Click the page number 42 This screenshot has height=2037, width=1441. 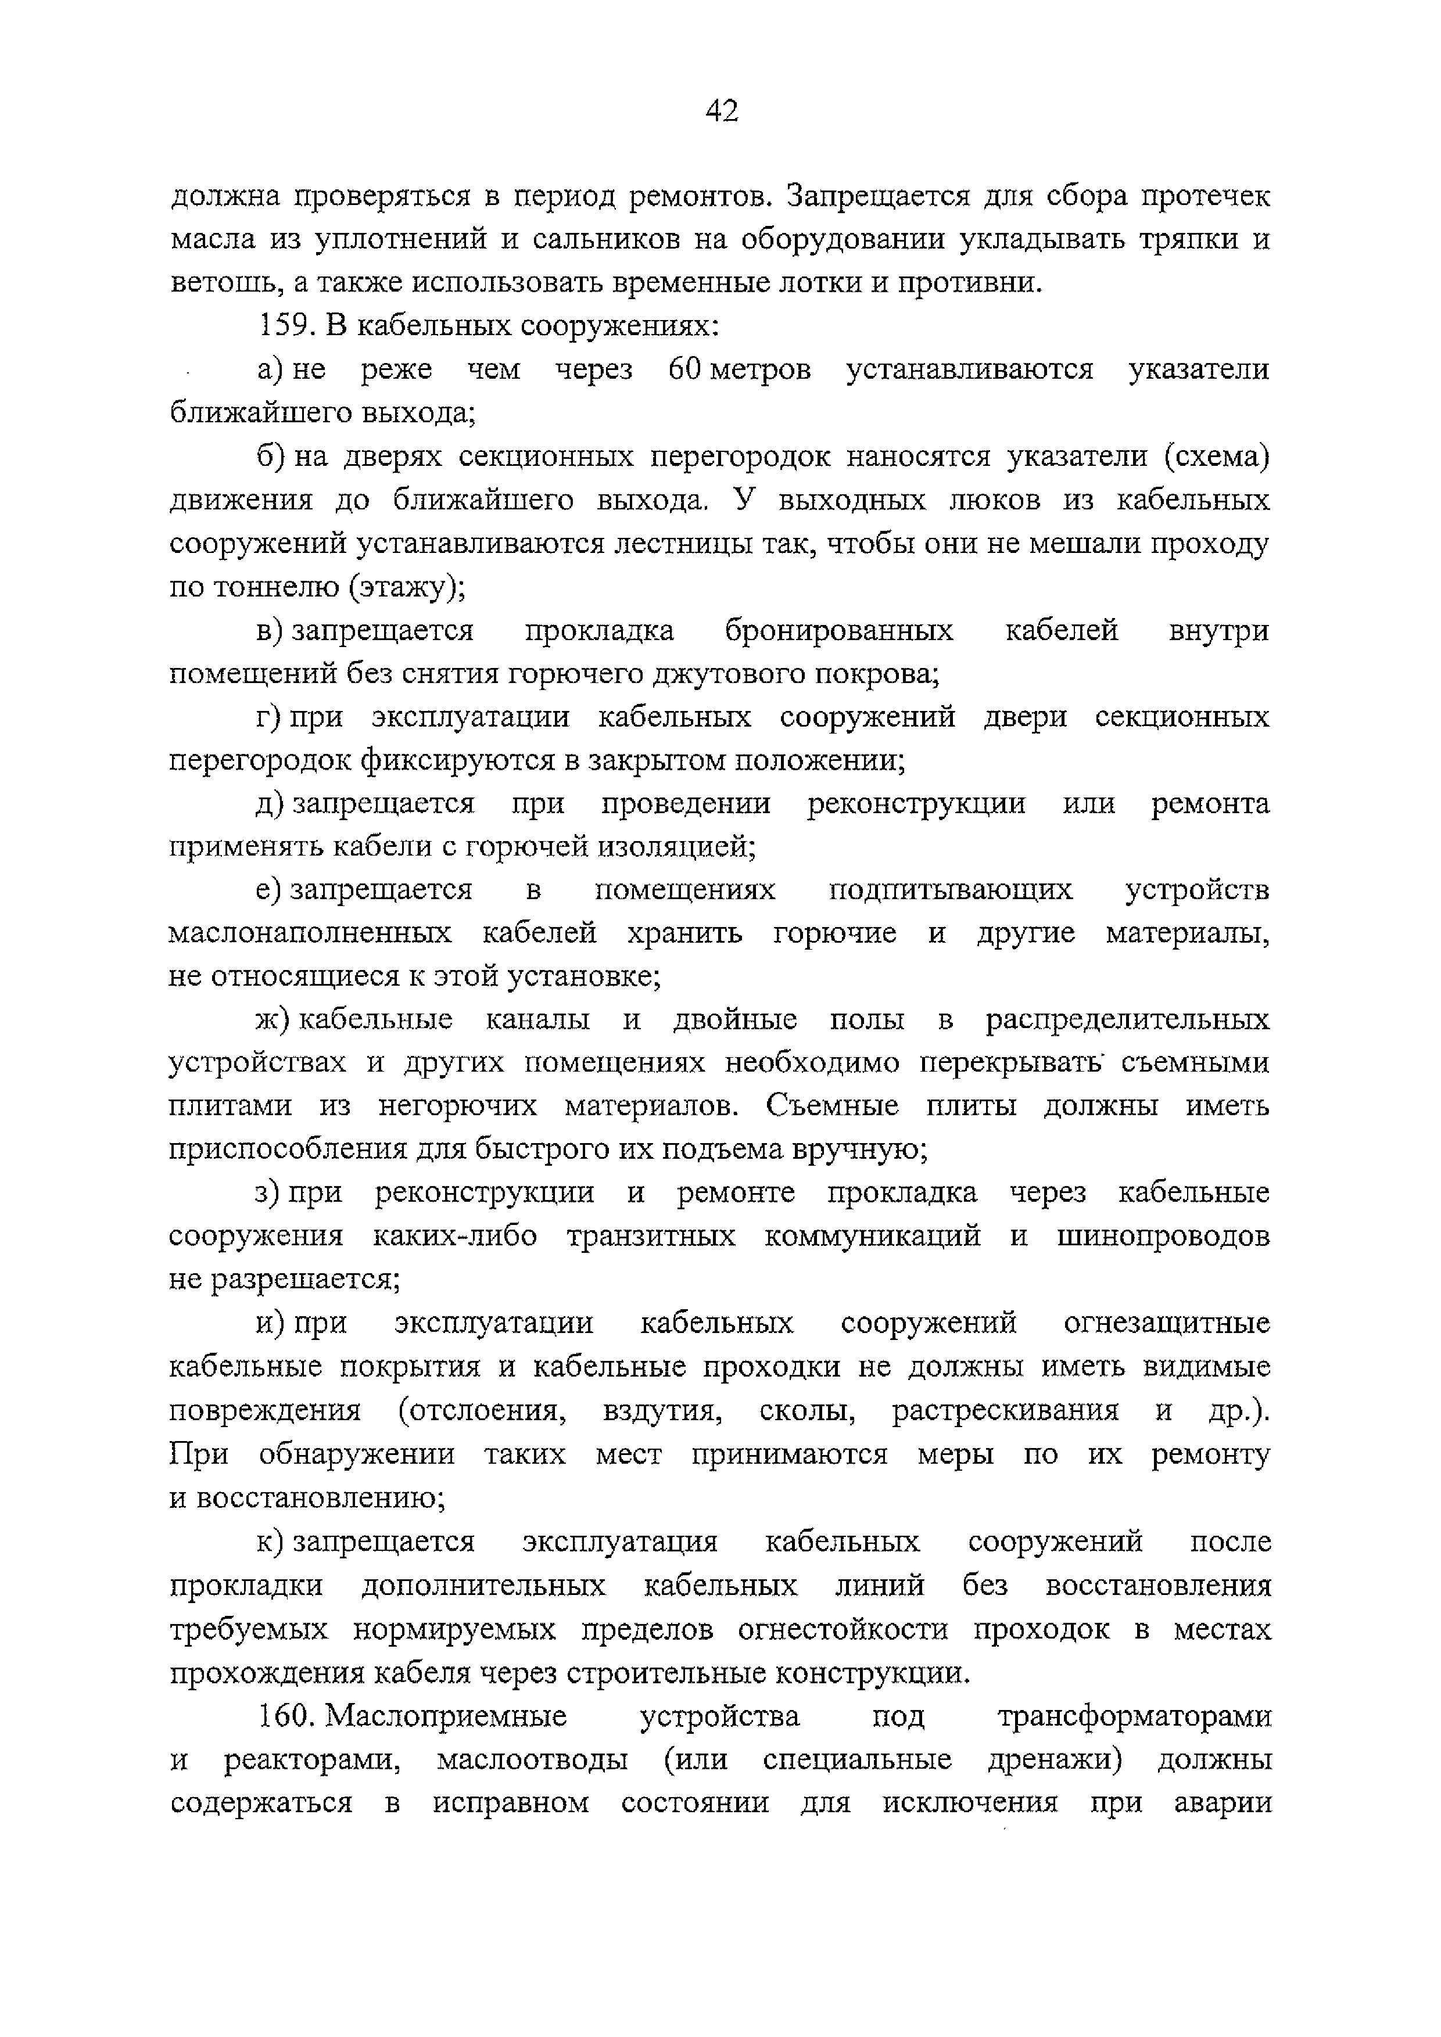click(722, 111)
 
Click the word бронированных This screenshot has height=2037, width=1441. click(838, 631)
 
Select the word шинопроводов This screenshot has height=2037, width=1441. click(1162, 1237)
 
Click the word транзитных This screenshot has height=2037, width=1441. click(650, 1237)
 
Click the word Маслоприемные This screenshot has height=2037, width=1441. click(446, 1717)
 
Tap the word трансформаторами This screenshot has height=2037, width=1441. click(1134, 1717)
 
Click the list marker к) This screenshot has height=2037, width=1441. click(270, 1542)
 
